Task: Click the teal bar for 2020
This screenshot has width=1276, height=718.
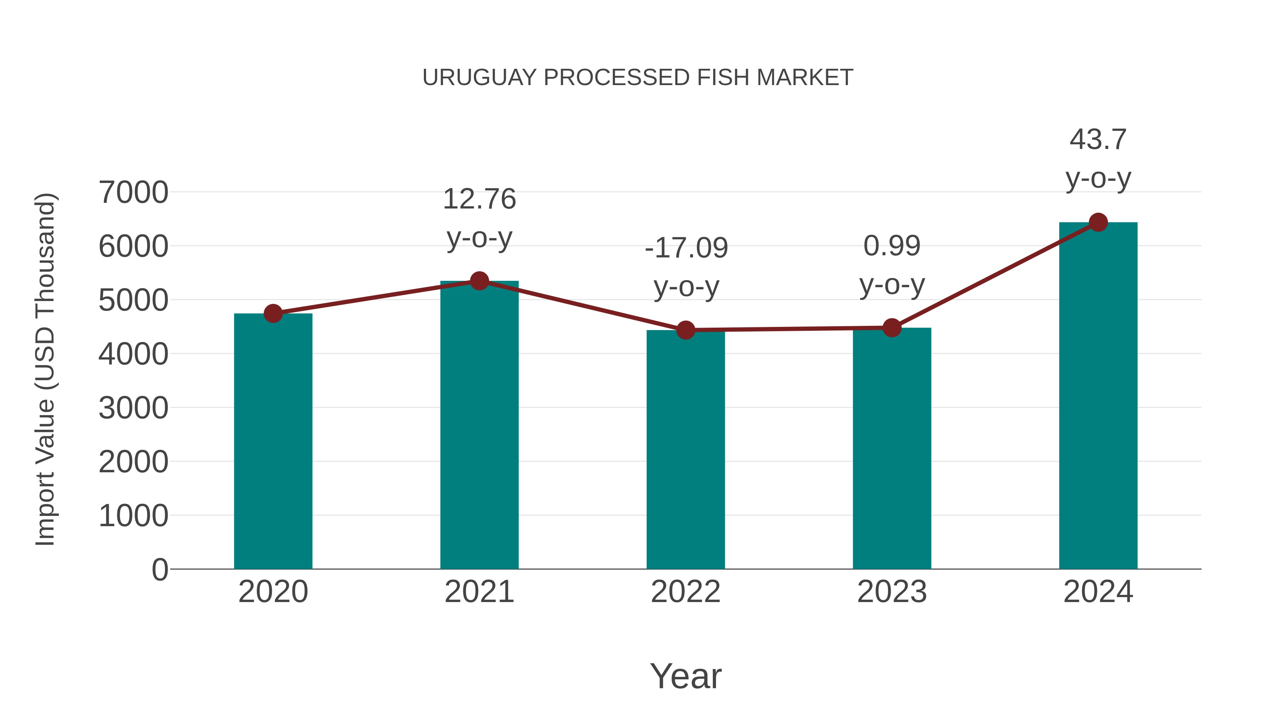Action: click(273, 441)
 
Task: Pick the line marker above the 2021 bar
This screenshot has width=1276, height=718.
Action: click(479, 281)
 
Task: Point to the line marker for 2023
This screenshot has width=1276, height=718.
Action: click(892, 328)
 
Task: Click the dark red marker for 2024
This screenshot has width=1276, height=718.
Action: click(1098, 222)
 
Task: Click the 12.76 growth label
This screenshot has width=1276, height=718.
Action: click(479, 199)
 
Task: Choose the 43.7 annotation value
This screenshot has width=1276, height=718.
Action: click(1098, 140)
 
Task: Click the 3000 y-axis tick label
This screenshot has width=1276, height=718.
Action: click(133, 408)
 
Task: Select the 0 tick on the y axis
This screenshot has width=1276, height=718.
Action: click(159, 569)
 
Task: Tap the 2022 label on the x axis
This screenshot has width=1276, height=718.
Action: click(685, 592)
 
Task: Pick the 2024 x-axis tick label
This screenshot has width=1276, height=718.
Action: click(1098, 592)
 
